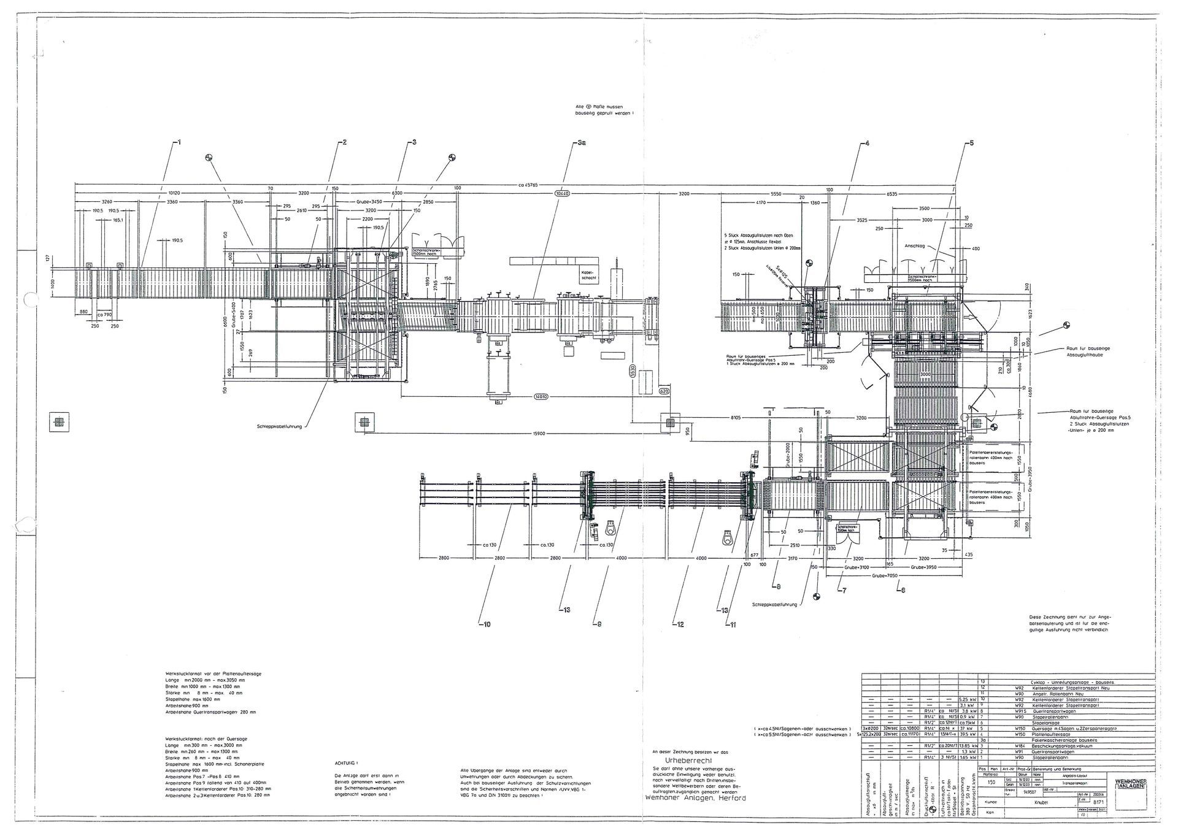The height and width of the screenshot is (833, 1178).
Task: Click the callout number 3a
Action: point(582,143)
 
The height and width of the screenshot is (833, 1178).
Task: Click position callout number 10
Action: point(485,625)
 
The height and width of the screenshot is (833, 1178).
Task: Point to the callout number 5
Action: point(970,143)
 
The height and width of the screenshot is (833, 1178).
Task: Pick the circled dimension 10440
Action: point(562,193)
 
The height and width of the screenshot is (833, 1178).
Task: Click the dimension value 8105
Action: point(736,418)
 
